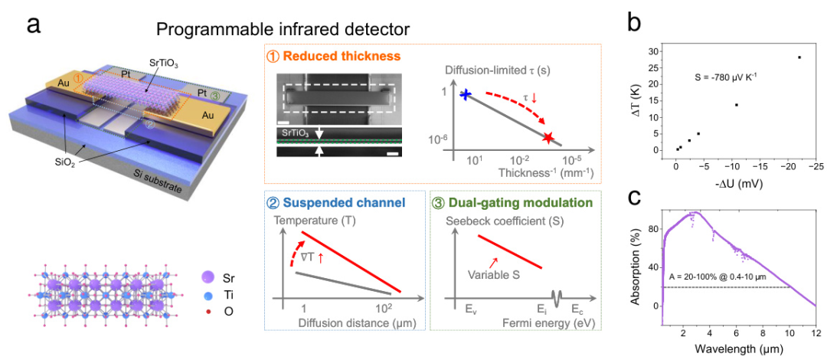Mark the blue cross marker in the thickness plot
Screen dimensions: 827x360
(466, 94)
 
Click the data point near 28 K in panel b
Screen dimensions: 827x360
(799, 57)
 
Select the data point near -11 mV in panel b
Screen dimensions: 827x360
(737, 104)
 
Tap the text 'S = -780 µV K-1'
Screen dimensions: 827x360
(725, 79)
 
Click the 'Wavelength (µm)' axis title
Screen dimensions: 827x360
(737, 349)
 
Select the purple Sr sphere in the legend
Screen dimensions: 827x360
(208, 277)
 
